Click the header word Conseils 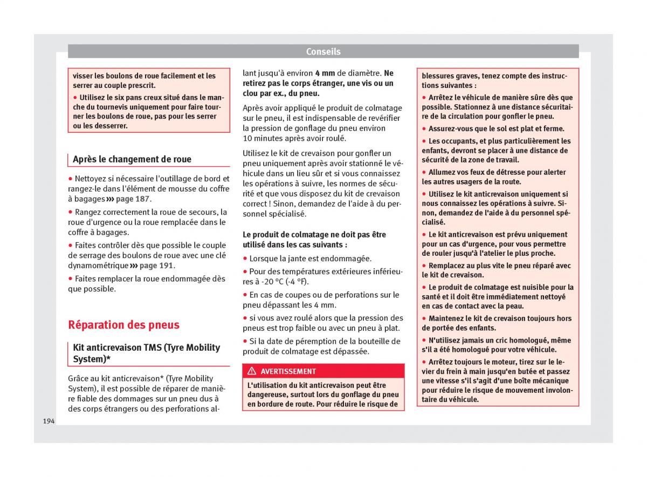click(x=323, y=52)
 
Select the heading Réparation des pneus click(x=123, y=325)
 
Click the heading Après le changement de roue click(x=132, y=159)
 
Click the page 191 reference click(x=156, y=265)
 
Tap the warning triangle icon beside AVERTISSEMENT click(x=252, y=371)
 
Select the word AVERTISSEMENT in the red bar click(x=288, y=371)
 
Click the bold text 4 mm click(x=325, y=73)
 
